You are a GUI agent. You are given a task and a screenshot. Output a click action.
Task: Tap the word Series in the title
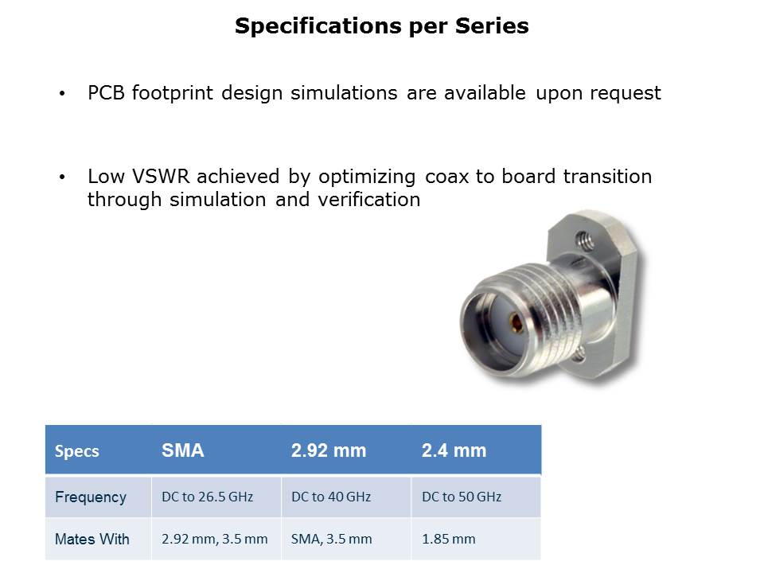coord(492,25)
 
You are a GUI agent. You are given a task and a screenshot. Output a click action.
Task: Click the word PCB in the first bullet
coord(106,92)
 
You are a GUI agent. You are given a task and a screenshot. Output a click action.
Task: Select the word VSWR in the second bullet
coord(160,177)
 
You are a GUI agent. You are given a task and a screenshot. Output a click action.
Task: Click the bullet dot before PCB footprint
coord(62,94)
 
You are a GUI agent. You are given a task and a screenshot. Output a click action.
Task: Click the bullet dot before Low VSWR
coord(62,177)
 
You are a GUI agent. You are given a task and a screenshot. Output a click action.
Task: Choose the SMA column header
coord(183,450)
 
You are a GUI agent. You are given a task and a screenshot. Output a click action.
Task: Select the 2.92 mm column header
coord(329,450)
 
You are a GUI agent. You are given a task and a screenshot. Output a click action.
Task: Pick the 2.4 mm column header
coord(454,450)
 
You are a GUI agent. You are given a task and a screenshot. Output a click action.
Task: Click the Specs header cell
coord(77,451)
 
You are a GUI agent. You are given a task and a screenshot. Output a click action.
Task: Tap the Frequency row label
coord(91,497)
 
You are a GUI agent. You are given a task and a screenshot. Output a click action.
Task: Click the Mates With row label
coord(92,539)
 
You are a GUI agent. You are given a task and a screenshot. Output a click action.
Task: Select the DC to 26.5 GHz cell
coord(207,497)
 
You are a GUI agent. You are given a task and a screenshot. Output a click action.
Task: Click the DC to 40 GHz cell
coord(331,497)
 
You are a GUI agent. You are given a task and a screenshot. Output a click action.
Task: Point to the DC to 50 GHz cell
coord(462,497)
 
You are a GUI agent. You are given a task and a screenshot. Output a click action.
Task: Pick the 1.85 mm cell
coord(448,539)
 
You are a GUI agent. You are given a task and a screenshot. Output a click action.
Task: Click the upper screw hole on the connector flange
coord(584,240)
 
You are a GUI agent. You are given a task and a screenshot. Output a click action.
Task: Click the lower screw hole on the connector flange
coord(579,355)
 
